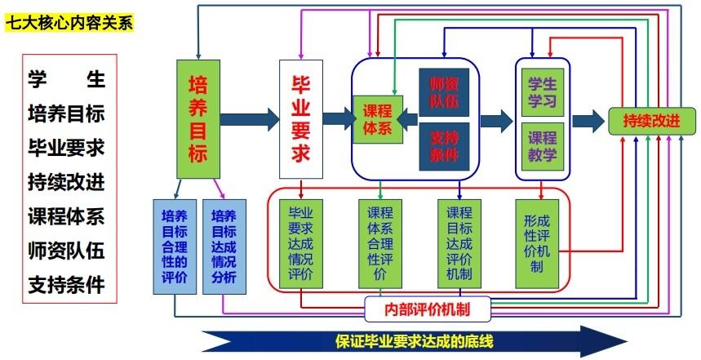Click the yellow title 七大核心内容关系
coord(69,22)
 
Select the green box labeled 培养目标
coord(198,119)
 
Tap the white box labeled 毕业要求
coord(301,119)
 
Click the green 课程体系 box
coord(377,119)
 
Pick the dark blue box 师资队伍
coord(444,92)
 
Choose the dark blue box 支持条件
coord(444,147)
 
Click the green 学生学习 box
coord(543,92)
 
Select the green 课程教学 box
coord(543,147)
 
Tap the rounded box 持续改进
coord(652,121)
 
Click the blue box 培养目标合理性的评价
coord(175,247)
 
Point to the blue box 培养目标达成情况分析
coord(224,247)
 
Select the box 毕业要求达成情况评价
coord(301,244)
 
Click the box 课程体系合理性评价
coord(380,244)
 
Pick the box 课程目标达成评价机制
coord(459,244)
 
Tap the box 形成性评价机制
coord(537,244)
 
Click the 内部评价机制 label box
coord(428,309)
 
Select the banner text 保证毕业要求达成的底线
coord(414,342)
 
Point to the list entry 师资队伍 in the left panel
coord(66,251)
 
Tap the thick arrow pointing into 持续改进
coord(588,121)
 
